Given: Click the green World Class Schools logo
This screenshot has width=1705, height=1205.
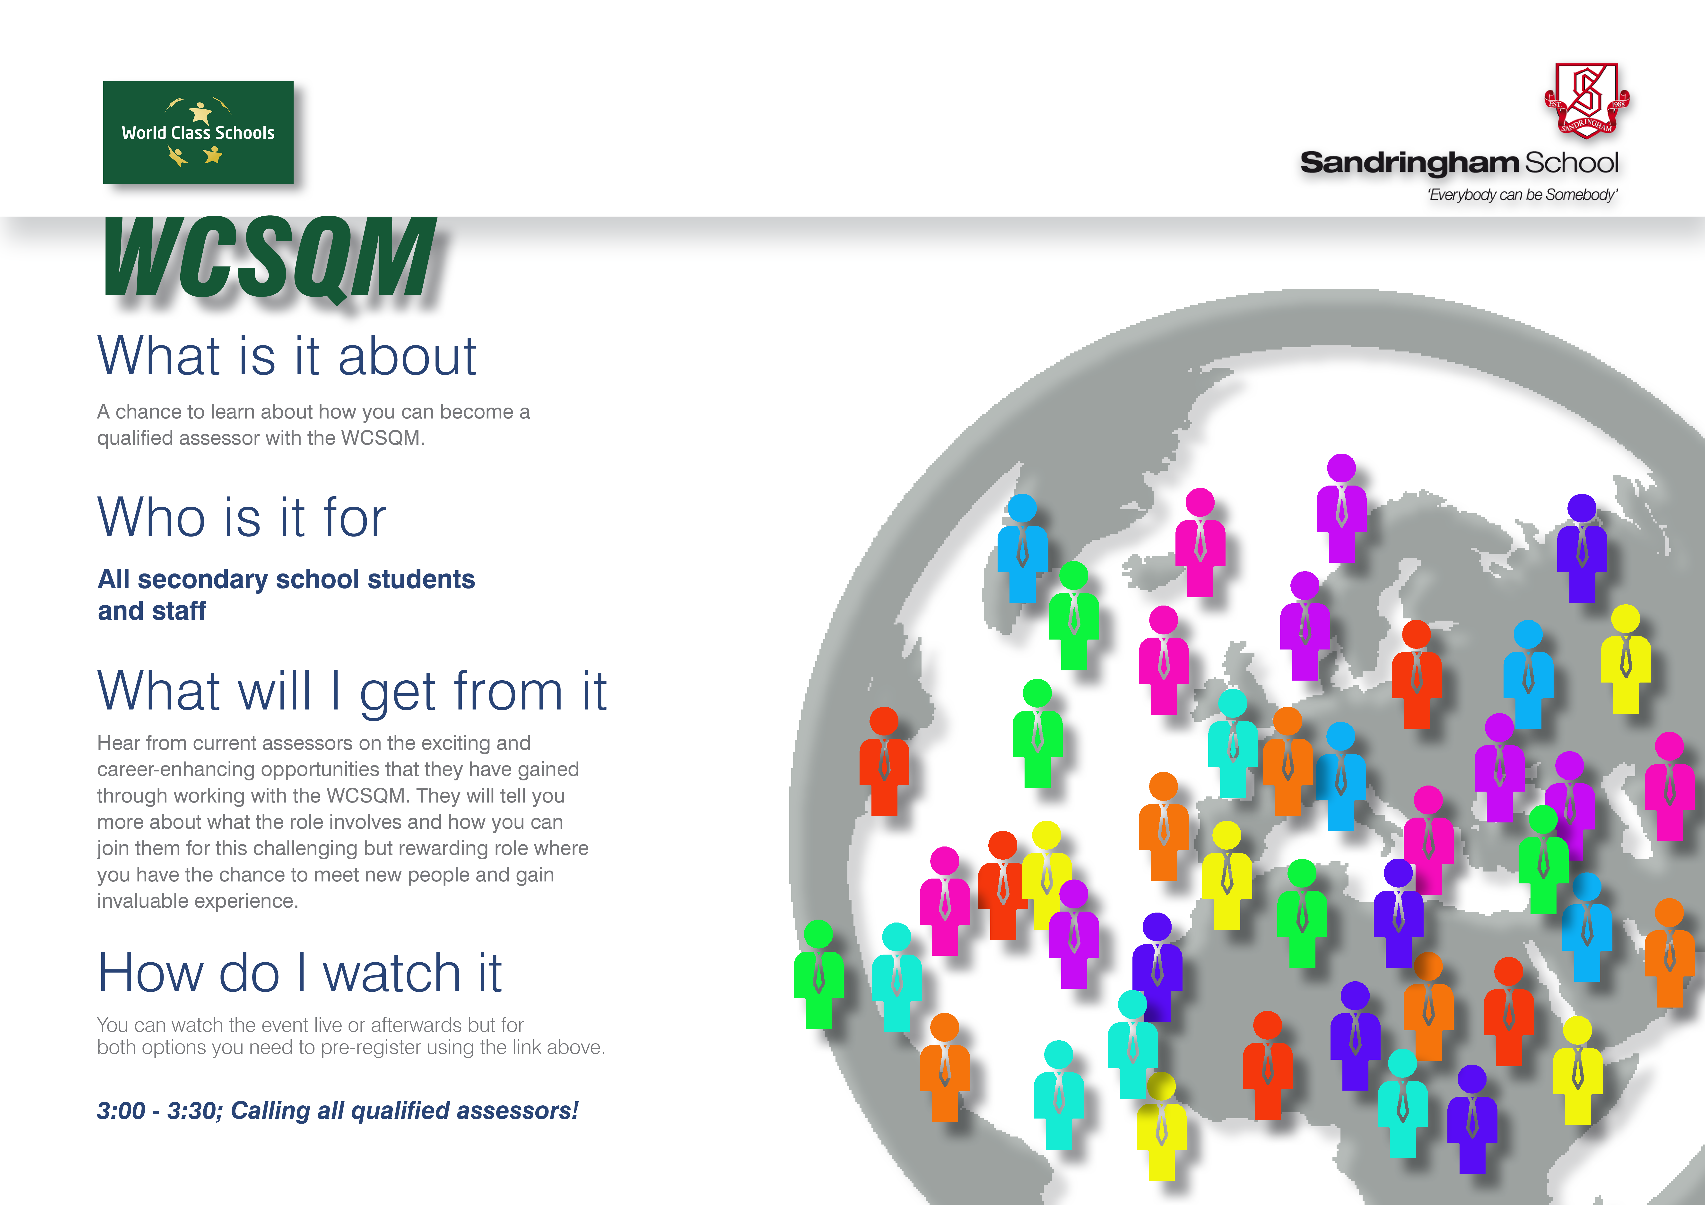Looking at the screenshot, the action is coord(198,132).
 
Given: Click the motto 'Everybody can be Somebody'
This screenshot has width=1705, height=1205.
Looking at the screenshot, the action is coord(1522,195).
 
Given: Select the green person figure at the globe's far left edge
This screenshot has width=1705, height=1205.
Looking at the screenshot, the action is coord(818,974).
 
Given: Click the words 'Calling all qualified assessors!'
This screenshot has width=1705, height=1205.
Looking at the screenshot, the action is coord(405,1111).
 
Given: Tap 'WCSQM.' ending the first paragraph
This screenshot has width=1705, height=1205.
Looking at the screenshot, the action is coord(383,438).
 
